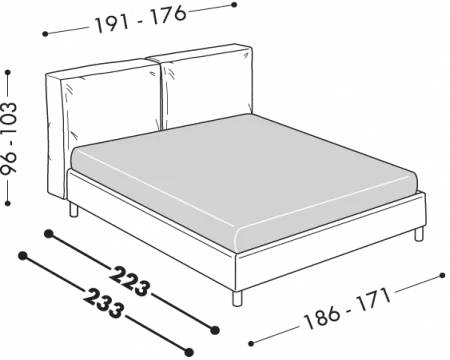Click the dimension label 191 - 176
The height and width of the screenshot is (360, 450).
(x=141, y=19)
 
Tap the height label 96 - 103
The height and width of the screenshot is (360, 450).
(x=8, y=137)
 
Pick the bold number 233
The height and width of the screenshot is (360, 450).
(x=103, y=303)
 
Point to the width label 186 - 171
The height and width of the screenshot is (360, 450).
(x=347, y=309)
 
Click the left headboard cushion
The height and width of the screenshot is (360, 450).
(x=110, y=103)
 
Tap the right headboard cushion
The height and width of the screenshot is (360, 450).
(x=206, y=87)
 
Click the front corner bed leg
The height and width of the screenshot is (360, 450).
(x=237, y=298)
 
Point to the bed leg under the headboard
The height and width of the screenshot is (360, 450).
(x=74, y=210)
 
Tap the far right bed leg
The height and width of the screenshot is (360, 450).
(x=419, y=234)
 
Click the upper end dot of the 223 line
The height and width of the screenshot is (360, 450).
(x=49, y=234)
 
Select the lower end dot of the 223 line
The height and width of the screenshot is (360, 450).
(x=215, y=330)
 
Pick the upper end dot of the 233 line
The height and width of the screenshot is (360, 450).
(x=23, y=256)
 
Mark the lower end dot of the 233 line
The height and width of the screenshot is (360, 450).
(x=189, y=352)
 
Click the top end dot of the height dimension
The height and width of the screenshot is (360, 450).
(x=8, y=72)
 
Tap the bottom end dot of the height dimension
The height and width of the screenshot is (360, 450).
(x=8, y=203)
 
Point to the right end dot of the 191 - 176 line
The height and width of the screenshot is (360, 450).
(x=234, y=5)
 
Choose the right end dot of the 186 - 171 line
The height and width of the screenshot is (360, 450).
(x=442, y=275)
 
